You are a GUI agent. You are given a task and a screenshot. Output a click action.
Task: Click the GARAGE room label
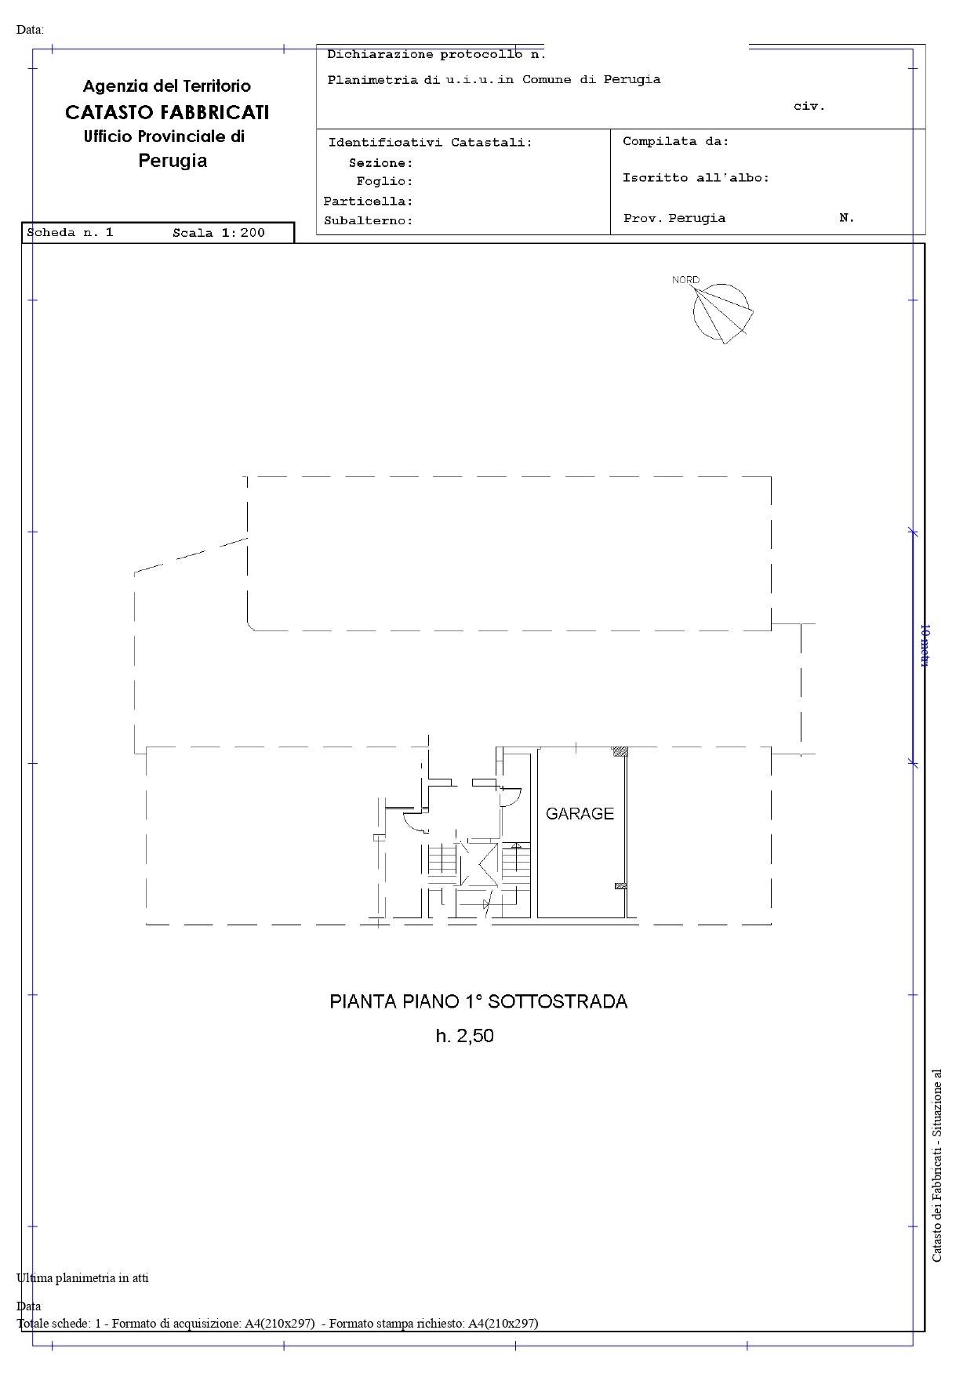point(580,814)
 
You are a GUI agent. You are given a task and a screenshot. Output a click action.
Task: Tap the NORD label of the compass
point(685,280)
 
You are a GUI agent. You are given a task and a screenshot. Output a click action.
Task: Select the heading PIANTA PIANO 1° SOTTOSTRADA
point(478,1001)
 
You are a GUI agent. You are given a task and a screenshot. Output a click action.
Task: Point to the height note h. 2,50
point(465,1036)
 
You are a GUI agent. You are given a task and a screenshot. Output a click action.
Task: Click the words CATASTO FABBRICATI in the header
point(167,112)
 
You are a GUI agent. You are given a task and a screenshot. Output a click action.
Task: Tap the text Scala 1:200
point(219,232)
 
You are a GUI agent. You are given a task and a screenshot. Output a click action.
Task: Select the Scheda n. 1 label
point(71,232)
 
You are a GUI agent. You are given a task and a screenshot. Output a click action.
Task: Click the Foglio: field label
point(384,182)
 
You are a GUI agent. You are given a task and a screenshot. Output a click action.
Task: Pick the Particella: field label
point(368,202)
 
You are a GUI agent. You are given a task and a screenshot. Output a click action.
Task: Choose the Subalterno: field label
point(369,221)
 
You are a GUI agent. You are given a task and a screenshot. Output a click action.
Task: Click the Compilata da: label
point(676,142)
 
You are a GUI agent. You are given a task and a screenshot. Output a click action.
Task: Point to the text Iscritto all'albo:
point(696,178)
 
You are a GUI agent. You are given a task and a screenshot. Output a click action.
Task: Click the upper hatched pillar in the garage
point(620,751)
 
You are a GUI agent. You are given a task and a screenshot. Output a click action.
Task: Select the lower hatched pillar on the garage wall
point(620,886)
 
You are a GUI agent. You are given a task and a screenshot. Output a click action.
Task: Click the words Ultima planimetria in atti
point(82,1277)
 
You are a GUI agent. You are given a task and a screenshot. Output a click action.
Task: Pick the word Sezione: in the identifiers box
point(381,163)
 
